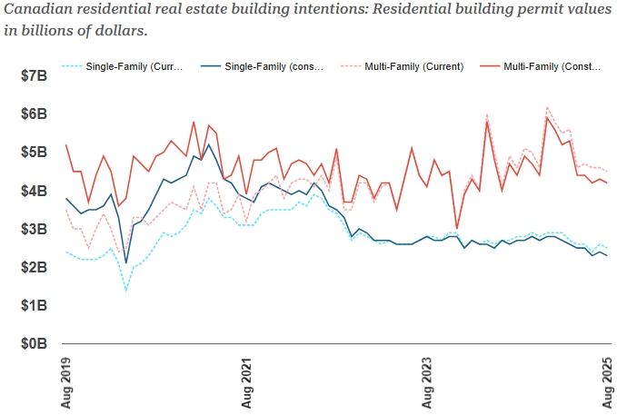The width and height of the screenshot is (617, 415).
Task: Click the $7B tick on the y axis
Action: [33, 75]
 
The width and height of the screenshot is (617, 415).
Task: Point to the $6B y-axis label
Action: [33, 114]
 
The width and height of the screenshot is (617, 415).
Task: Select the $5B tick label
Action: [33, 152]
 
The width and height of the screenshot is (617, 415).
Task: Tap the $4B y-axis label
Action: [33, 191]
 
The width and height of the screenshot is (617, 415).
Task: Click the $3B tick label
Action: [33, 229]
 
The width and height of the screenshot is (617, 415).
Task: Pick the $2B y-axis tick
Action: [33, 267]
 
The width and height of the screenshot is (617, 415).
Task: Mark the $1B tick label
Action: [33, 306]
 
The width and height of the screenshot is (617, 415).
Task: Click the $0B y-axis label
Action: [33, 344]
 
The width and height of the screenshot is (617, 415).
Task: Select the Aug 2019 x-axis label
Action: [65, 381]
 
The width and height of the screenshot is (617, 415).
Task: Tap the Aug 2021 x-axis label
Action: [246, 381]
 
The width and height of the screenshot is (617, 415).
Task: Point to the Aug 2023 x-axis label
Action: [427, 381]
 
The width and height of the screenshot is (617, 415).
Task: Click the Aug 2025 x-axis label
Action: [608, 381]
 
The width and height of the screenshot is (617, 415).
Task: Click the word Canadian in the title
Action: [37, 11]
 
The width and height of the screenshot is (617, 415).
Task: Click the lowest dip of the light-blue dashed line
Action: [126, 290]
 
